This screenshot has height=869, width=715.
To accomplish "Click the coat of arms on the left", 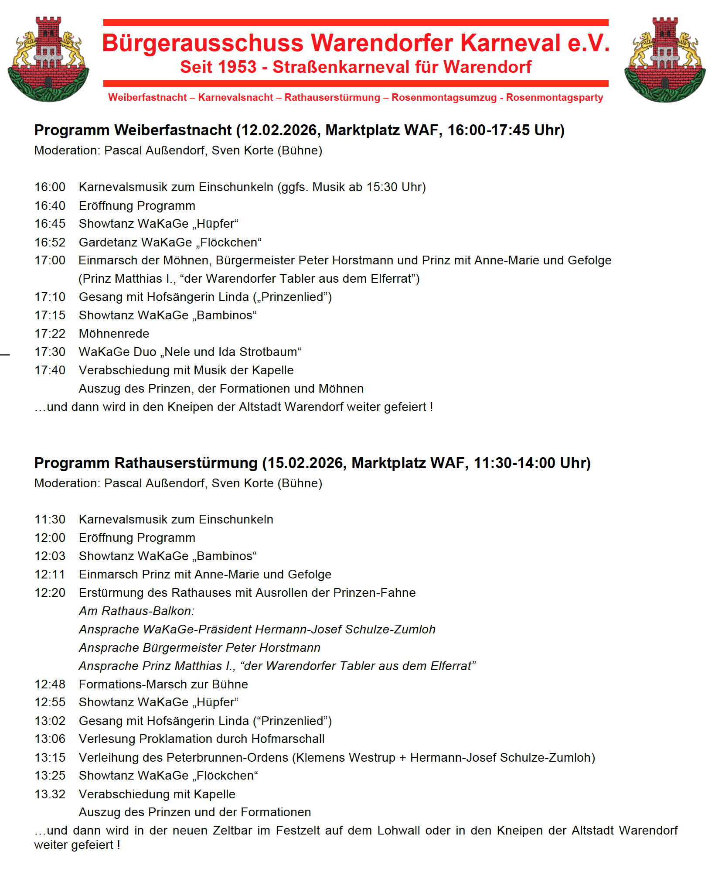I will [48, 60].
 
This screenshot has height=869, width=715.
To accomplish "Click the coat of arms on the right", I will [665, 60].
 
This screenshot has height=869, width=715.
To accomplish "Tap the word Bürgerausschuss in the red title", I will [202, 43].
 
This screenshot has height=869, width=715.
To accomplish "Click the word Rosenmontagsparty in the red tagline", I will [555, 97].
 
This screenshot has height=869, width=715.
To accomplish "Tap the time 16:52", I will [50, 242].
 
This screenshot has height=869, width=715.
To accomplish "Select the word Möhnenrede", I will [114, 334].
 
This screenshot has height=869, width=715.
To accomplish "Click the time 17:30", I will [50, 352].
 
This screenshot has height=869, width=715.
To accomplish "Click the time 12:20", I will [50, 593].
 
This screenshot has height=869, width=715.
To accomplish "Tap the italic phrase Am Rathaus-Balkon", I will [136, 611].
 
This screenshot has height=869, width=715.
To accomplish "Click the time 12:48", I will [50, 684].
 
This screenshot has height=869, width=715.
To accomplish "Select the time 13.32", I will [50, 794].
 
